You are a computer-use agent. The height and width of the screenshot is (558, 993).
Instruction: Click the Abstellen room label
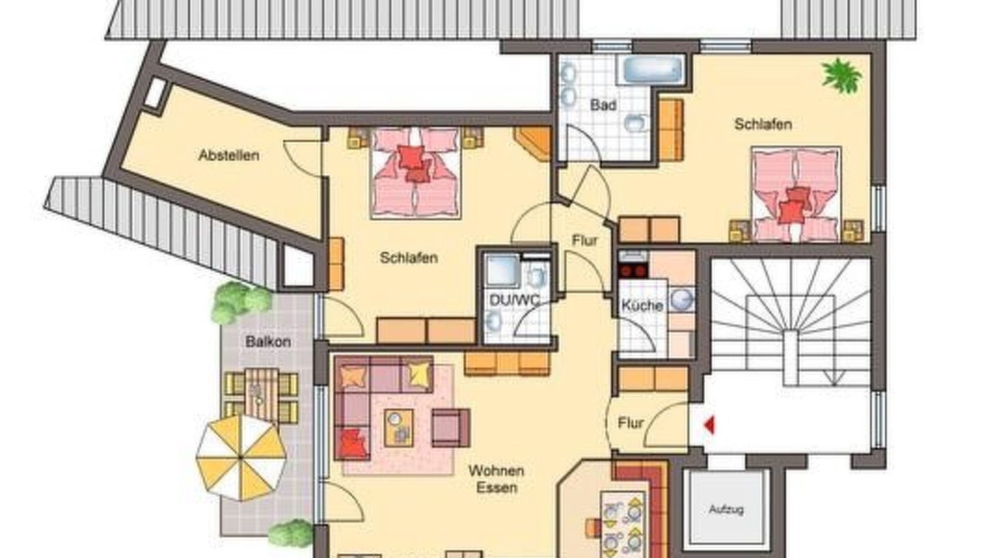tap(229, 156)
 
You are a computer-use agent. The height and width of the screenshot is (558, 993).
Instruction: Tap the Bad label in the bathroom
tap(603, 105)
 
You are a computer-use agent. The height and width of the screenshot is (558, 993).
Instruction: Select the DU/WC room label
tap(514, 300)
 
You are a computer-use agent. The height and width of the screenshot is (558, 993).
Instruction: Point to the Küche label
tap(642, 305)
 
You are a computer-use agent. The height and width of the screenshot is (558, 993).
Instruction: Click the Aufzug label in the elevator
tap(726, 509)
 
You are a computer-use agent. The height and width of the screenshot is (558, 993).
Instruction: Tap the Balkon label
tap(268, 342)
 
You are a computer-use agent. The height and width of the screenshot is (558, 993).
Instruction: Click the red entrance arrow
tap(709, 425)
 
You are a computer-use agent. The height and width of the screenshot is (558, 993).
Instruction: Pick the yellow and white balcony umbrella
tap(241, 457)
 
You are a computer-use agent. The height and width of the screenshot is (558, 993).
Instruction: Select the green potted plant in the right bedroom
tap(842, 76)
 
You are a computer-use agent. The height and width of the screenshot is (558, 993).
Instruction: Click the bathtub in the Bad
tap(653, 70)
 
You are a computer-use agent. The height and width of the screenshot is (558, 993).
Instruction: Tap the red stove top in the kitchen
tap(633, 270)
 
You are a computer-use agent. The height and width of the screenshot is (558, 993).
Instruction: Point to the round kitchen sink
tap(681, 300)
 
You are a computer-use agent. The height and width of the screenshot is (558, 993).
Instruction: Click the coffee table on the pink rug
tap(399, 428)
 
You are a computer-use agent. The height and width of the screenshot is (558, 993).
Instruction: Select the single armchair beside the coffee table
tap(451, 428)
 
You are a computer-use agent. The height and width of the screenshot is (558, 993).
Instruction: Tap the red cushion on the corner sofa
tap(352, 443)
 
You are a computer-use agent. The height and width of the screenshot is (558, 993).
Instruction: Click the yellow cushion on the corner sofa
tap(419, 373)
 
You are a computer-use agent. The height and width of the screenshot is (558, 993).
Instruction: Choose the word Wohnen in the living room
tap(496, 470)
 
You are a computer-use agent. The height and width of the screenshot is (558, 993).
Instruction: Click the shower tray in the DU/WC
tap(502, 270)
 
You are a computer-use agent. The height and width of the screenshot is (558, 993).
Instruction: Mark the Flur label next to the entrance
tap(631, 423)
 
